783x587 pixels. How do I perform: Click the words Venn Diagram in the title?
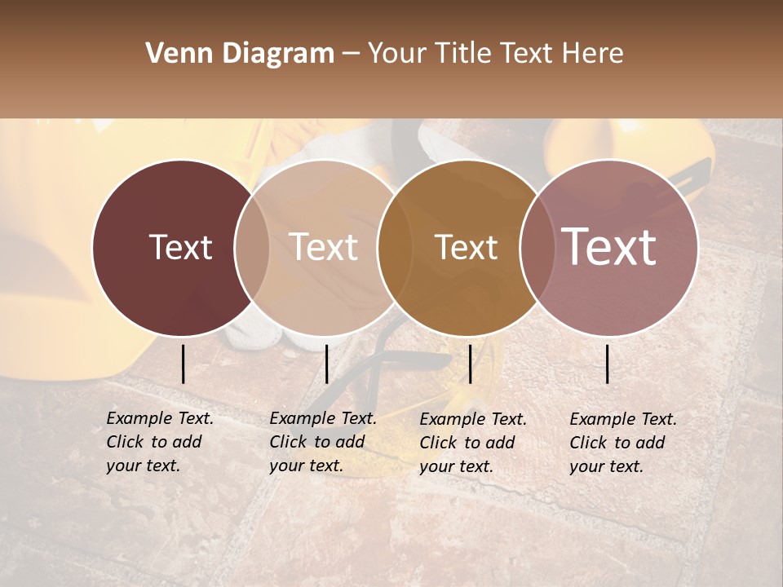(240, 54)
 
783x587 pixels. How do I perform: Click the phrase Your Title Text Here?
(495, 54)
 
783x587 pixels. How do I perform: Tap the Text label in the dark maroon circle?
(180, 247)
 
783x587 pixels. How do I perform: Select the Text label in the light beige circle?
(324, 247)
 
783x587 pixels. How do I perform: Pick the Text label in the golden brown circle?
(466, 247)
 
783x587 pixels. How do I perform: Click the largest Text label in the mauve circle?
(609, 247)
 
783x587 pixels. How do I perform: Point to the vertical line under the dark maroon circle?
(183, 364)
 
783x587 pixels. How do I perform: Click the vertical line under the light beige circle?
(326, 364)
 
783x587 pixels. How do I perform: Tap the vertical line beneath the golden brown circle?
(470, 364)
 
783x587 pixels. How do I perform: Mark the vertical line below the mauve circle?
(607, 364)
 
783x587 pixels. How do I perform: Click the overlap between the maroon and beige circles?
(252, 247)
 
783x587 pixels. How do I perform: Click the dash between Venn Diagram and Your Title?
(350, 54)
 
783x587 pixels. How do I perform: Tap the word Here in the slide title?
(595, 54)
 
